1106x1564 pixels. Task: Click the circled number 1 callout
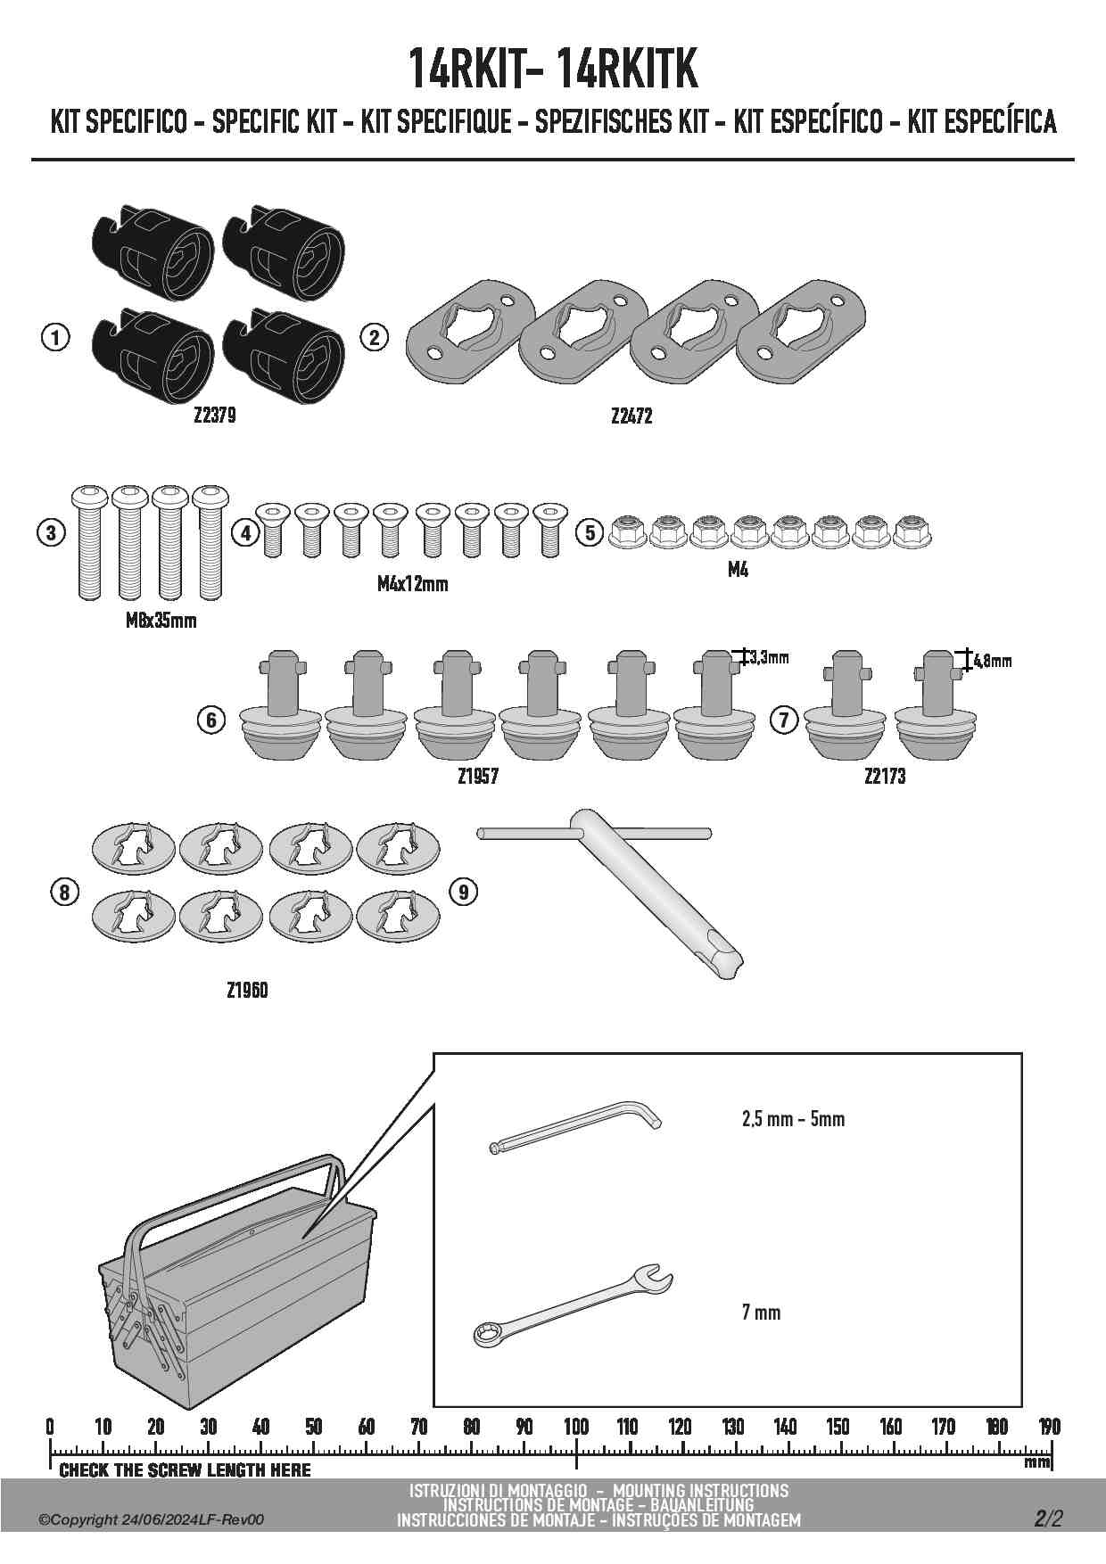[x=55, y=338]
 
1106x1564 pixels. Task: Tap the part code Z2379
[x=215, y=416]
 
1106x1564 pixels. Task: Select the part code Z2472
[x=631, y=416]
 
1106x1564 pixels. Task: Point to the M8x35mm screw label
[x=161, y=621]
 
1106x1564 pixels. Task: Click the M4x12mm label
[x=412, y=584]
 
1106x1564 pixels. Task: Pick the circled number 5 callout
[x=590, y=533]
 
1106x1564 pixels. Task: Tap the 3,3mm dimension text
[x=770, y=658]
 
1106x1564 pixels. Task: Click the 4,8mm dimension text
[x=993, y=662]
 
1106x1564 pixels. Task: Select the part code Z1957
[x=478, y=777]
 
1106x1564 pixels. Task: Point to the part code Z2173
[x=885, y=777]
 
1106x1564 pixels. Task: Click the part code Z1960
[x=247, y=990]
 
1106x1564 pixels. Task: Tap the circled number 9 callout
[x=464, y=891]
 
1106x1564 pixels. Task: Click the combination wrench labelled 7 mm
[x=571, y=1305]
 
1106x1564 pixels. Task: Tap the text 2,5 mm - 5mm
[x=793, y=1118]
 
